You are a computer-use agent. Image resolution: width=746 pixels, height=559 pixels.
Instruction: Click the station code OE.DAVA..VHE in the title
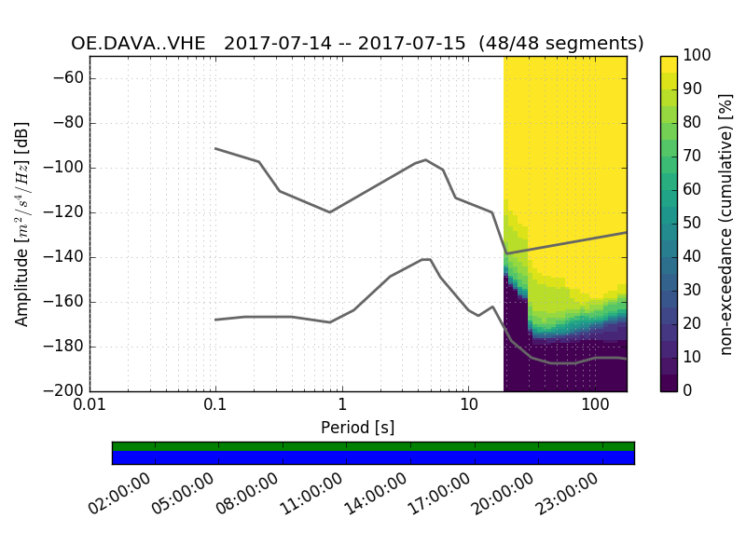142,44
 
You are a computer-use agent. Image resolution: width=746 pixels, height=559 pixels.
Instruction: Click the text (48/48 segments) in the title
561,44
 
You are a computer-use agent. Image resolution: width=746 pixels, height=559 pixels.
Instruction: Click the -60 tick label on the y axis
73,78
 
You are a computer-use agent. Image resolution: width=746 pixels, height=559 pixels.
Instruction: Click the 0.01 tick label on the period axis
90,408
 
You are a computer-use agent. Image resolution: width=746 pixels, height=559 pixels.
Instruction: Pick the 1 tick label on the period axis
342,408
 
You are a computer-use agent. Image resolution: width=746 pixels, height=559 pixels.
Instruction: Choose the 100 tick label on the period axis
595,408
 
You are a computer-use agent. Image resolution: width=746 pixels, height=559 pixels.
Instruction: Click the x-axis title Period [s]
358,428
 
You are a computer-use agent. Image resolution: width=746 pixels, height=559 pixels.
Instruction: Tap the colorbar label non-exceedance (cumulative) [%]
728,224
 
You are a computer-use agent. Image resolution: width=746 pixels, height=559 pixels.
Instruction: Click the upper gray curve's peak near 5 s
426,159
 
